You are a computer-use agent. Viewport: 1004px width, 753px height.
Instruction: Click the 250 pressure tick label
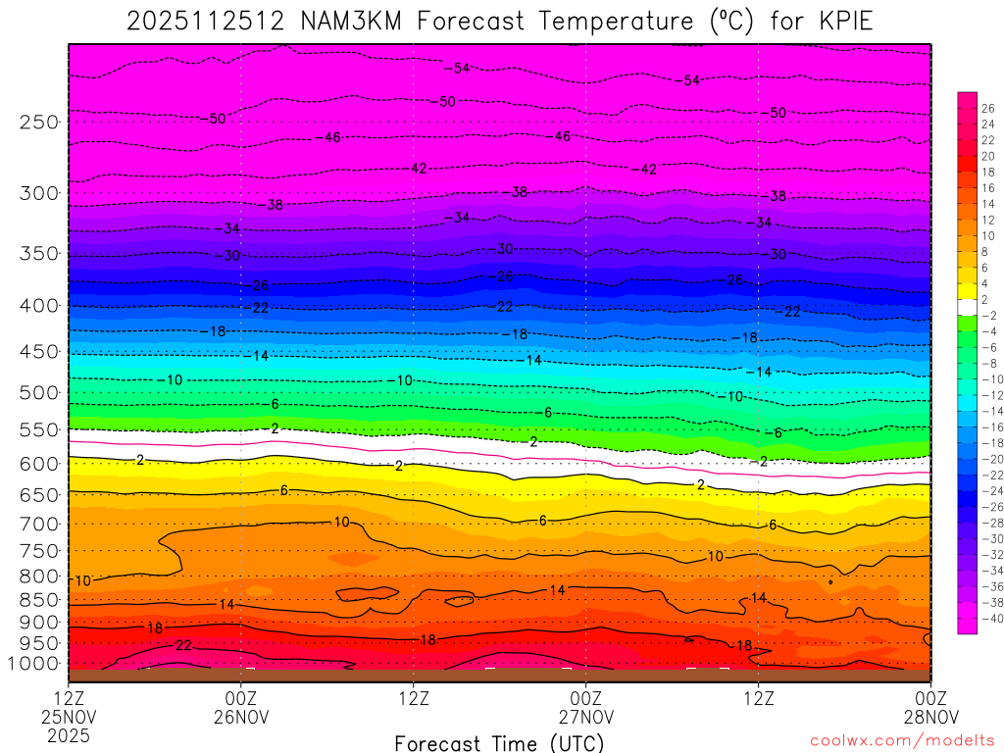click(39, 123)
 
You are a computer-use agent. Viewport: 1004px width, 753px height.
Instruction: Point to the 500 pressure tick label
click(39, 393)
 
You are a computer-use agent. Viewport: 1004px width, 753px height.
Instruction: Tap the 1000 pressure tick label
click(34, 664)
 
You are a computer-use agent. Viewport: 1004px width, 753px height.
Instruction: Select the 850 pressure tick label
click(39, 600)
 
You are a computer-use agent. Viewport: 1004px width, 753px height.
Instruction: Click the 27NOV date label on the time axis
click(585, 717)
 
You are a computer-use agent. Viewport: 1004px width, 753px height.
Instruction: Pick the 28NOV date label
click(930, 717)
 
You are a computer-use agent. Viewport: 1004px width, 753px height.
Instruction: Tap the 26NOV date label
click(241, 717)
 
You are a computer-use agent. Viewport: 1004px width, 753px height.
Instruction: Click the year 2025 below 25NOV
click(69, 734)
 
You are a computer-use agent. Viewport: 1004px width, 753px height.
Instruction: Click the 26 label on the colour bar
click(987, 109)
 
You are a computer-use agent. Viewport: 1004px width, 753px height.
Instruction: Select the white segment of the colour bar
click(967, 307)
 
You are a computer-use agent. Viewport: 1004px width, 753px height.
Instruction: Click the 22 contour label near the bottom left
click(183, 645)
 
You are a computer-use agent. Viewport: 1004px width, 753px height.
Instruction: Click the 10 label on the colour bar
click(987, 236)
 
